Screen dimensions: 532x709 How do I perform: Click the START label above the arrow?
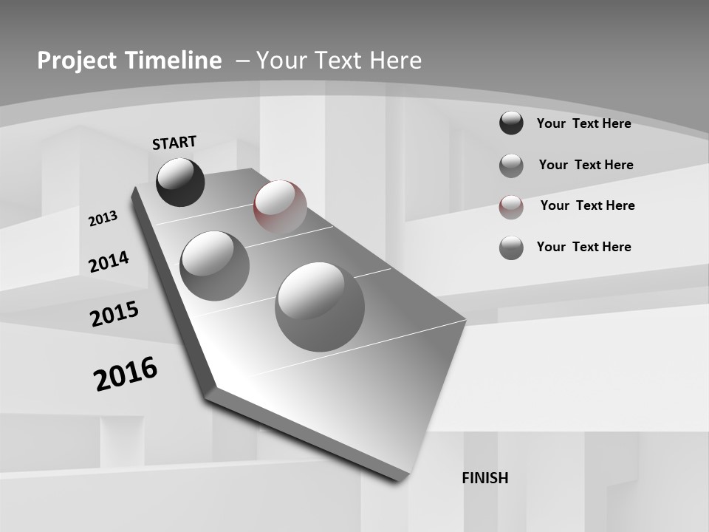click(x=174, y=142)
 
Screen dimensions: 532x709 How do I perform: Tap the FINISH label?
click(x=484, y=478)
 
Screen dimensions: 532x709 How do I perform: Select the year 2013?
click(x=103, y=218)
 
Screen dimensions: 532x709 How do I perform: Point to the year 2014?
click(x=109, y=262)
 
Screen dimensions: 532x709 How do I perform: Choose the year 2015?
click(x=114, y=314)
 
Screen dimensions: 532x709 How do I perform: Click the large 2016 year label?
click(x=126, y=373)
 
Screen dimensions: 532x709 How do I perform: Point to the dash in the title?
click(x=242, y=61)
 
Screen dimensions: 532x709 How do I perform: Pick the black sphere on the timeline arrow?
click(x=180, y=182)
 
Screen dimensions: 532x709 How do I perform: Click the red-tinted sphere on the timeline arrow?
click(x=280, y=207)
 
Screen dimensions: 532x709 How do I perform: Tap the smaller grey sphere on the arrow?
click(x=215, y=265)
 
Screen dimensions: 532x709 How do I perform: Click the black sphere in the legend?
click(x=511, y=123)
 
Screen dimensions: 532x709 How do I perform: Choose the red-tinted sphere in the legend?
click(x=511, y=207)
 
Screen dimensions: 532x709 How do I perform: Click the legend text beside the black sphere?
click(x=583, y=123)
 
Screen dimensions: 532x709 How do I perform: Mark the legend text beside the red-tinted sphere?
click(x=587, y=205)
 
